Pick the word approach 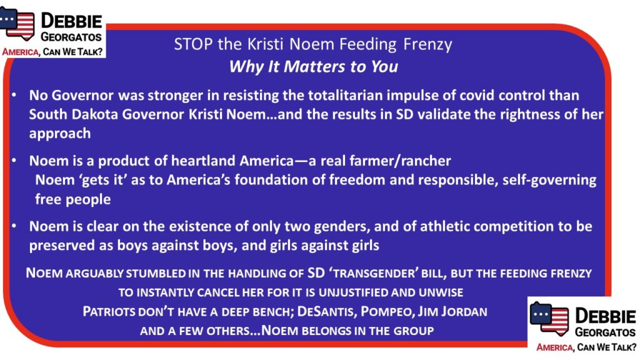[60, 134]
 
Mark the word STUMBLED [156, 274]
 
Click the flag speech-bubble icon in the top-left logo [17, 23]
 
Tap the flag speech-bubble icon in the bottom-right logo [549, 318]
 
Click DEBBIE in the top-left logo [71, 21]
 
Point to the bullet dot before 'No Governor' [14, 95]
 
